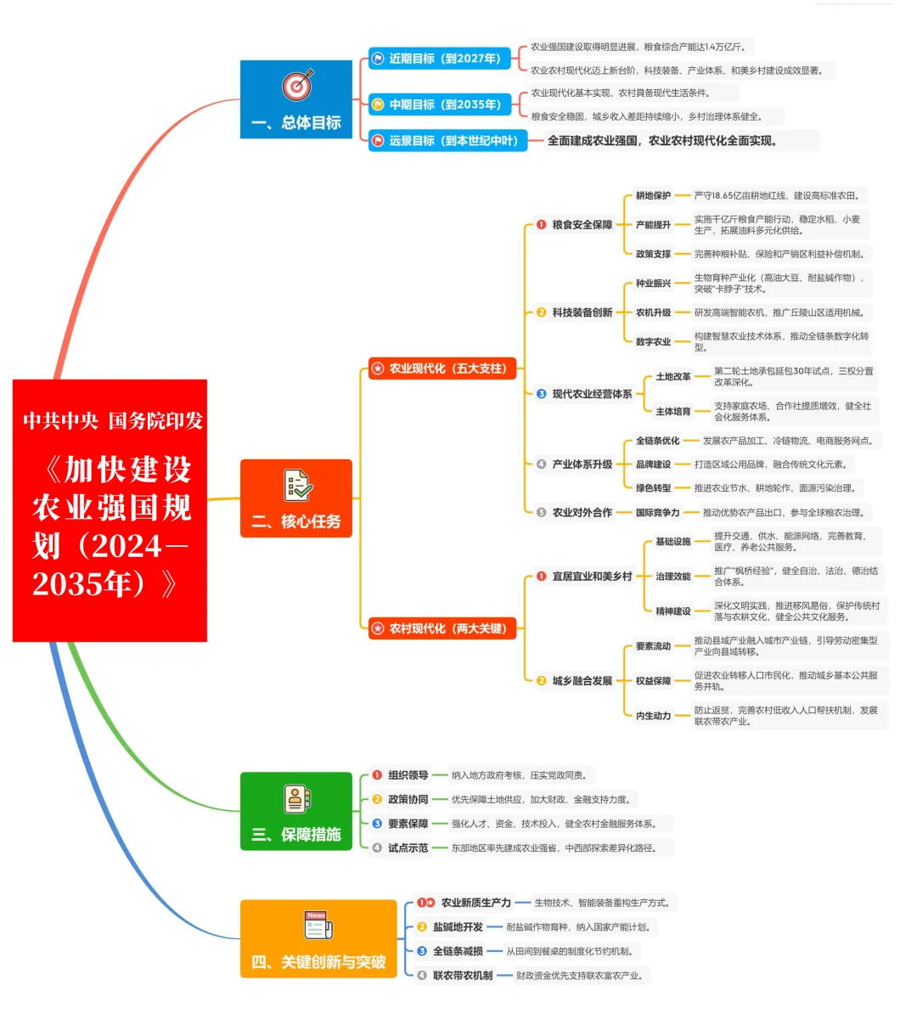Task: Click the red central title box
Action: click(x=110, y=510)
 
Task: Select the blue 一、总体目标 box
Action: click(x=295, y=100)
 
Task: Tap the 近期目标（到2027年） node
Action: click(x=440, y=59)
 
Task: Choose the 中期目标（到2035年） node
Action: click(x=440, y=104)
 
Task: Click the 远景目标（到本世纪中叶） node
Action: click(x=447, y=141)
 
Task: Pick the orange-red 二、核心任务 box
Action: click(x=295, y=498)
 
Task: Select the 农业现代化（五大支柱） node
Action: click(x=442, y=369)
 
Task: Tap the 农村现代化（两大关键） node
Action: click(x=442, y=628)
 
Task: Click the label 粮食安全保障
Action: click(x=582, y=225)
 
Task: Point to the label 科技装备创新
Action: click(x=582, y=312)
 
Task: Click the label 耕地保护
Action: click(x=653, y=196)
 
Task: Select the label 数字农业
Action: click(x=653, y=342)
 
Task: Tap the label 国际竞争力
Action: click(x=658, y=513)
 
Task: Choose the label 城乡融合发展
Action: click(x=582, y=681)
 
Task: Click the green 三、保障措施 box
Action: click(x=295, y=811)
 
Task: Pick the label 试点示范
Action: click(x=408, y=848)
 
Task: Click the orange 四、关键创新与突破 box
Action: click(x=318, y=939)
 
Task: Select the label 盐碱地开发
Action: click(x=458, y=927)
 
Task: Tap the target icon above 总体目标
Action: click(x=297, y=85)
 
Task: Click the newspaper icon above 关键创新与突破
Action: click(x=318, y=925)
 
